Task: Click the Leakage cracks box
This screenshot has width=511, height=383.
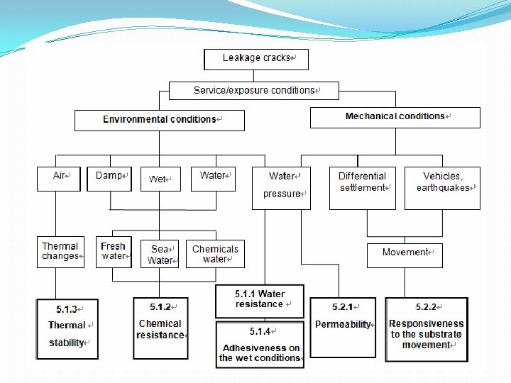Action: click(x=255, y=59)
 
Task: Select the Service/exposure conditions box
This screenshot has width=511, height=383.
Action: click(x=254, y=91)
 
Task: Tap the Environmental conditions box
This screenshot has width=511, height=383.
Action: click(x=160, y=120)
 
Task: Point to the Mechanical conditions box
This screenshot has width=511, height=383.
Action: click(x=395, y=117)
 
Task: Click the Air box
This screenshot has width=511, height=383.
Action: click(x=59, y=178)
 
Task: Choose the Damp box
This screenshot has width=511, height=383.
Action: click(x=109, y=178)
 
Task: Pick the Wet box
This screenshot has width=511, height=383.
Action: click(x=160, y=179)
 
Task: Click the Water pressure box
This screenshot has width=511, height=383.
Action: click(x=281, y=188)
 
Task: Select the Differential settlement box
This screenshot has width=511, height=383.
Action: click(x=363, y=188)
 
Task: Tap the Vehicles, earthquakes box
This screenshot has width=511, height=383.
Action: click(x=442, y=188)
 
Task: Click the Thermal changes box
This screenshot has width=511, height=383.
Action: click(x=60, y=252)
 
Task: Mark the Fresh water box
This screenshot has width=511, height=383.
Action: click(x=114, y=252)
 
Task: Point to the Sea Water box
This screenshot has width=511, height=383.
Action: click(x=160, y=254)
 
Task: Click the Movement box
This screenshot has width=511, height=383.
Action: click(x=405, y=255)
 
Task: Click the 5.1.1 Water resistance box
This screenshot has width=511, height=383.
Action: click(x=260, y=301)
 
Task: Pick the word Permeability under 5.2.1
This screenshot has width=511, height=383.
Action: click(x=343, y=325)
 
